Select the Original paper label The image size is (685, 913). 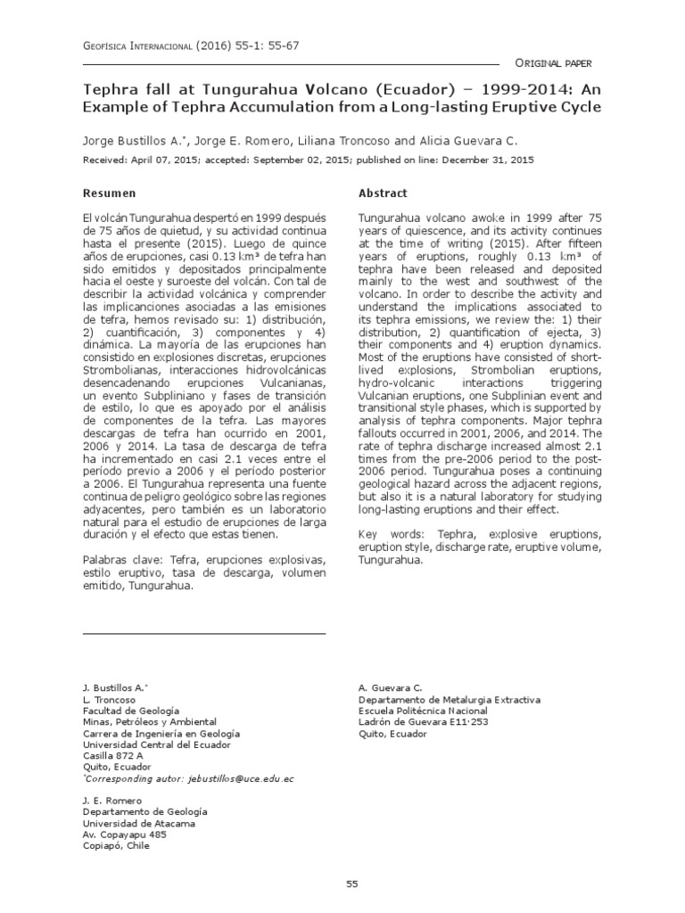coord(554,63)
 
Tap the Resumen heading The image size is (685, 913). coord(109,193)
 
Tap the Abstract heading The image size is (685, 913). coord(383,193)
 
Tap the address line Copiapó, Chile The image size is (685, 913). coord(116,845)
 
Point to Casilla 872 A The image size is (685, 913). coord(112,755)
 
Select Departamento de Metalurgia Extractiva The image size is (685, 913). coord(448,700)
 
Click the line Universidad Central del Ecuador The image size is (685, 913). coord(156,744)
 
